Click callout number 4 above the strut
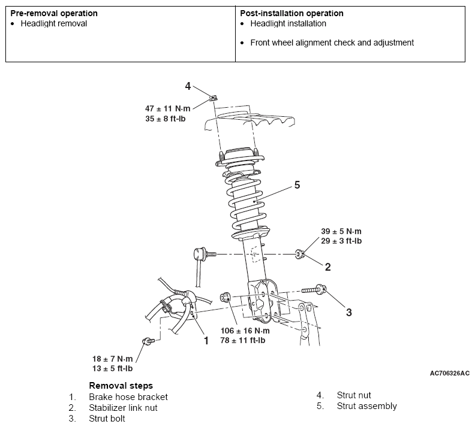[x=188, y=86]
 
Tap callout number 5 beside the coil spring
[x=297, y=185]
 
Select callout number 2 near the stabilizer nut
[x=328, y=267]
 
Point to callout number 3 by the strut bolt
[x=349, y=313]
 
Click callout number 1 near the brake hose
[x=206, y=341]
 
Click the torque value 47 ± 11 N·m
[x=167, y=108]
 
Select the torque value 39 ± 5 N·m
[x=341, y=231]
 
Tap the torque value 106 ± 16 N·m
[x=245, y=331]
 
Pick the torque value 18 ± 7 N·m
[x=112, y=359]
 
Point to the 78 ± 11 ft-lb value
[x=243, y=341]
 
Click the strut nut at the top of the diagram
[x=214, y=98]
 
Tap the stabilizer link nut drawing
[x=299, y=254]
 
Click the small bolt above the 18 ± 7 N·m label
[x=148, y=341]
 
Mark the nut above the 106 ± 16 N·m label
[x=226, y=297]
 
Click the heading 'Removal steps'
[x=121, y=386]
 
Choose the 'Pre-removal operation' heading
[x=54, y=13]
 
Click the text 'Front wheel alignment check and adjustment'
[x=332, y=43]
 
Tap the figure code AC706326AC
[x=450, y=373]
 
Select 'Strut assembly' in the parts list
[x=367, y=406]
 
